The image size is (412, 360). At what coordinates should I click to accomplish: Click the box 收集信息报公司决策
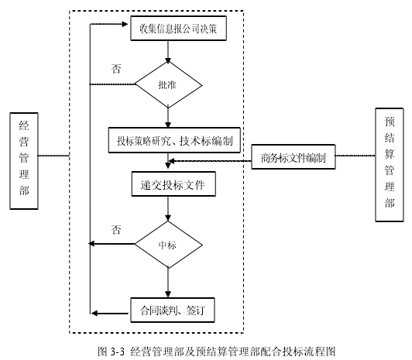point(178,29)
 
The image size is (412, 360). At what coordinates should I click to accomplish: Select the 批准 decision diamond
point(168,85)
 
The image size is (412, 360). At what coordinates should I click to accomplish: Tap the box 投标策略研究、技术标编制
point(174,140)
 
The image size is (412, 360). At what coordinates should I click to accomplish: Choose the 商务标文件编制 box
point(294,156)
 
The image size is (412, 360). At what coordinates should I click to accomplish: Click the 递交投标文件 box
point(173,184)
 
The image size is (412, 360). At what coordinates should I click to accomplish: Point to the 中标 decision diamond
point(168,245)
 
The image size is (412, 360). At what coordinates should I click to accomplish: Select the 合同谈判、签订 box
point(173,310)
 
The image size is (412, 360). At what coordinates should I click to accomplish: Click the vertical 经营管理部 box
point(24,161)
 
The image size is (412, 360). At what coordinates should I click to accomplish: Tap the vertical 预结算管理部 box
point(390,165)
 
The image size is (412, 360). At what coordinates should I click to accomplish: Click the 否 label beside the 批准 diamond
point(116,69)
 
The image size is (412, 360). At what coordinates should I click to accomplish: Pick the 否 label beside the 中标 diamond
point(116,230)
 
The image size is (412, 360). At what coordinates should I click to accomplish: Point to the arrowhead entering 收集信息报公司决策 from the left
point(125,25)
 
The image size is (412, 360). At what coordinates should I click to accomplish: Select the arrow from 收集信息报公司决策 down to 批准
point(168,52)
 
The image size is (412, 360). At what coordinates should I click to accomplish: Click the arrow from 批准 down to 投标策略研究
point(168,118)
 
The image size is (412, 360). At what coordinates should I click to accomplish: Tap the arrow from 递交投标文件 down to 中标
point(168,209)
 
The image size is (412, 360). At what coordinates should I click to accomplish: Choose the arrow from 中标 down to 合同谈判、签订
point(168,283)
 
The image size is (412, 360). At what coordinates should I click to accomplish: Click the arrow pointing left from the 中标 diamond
point(112,244)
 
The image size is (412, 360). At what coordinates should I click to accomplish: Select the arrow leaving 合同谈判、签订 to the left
point(110,314)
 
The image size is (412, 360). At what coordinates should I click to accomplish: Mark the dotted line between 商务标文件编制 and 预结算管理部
point(355,156)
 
